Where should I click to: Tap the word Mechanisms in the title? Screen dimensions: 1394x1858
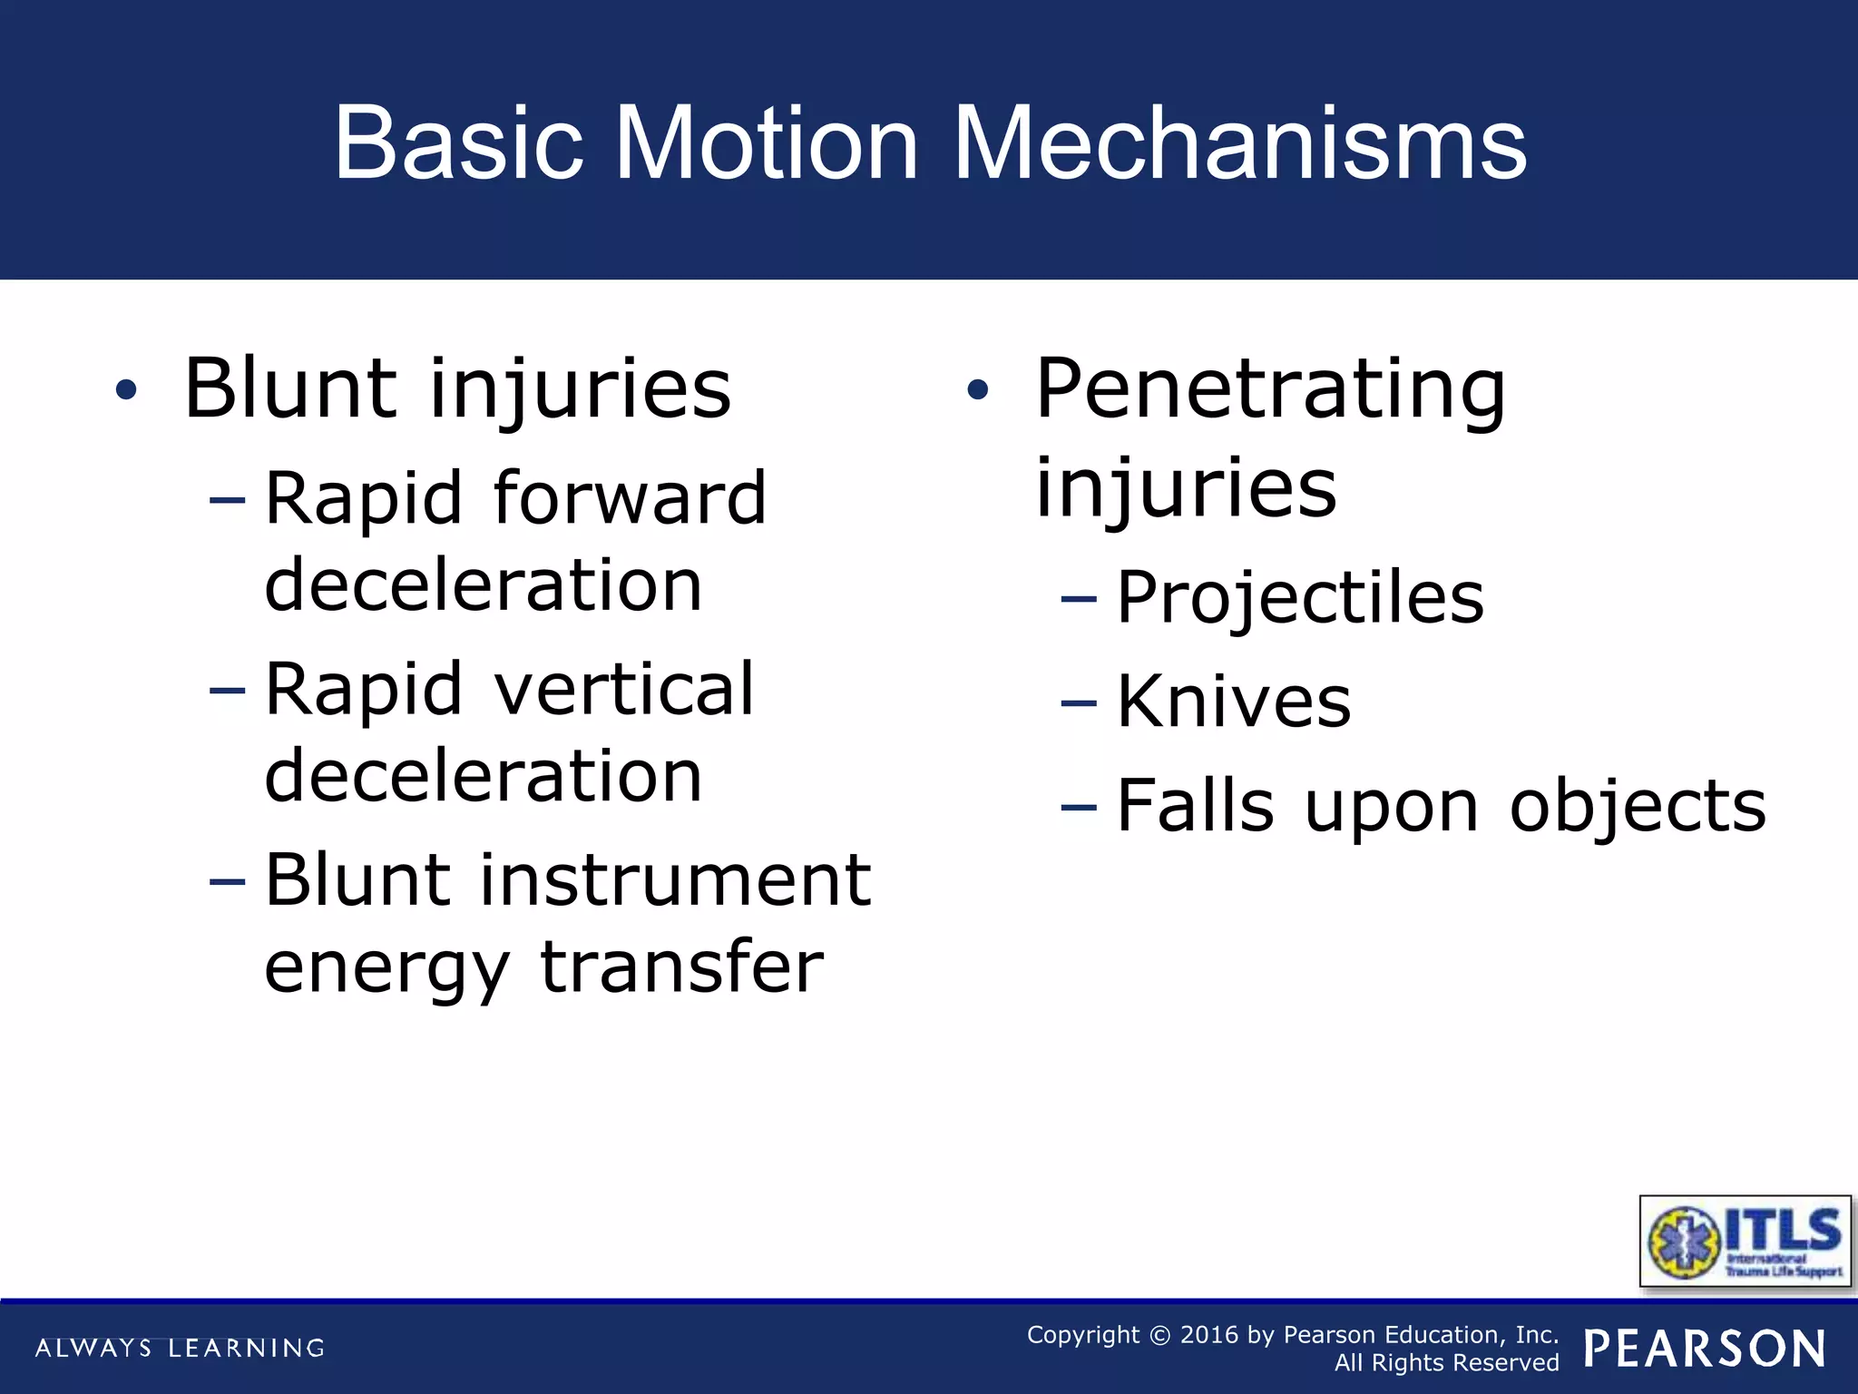(1240, 143)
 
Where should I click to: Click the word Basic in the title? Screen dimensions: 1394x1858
(458, 143)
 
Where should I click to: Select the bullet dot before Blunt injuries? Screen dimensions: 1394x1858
(126, 390)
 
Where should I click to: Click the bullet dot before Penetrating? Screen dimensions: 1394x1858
(977, 390)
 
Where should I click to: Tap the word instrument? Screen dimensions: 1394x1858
(675, 880)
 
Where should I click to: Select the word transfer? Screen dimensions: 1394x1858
(681, 967)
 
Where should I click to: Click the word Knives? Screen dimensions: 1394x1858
(1234, 702)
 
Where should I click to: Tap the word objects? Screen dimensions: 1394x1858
(1638, 806)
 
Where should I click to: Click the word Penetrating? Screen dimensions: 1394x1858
(1270, 390)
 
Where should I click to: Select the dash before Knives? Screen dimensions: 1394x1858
(1079, 703)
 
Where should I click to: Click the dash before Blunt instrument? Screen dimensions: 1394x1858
(227, 881)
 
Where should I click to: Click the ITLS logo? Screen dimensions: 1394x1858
(1745, 1242)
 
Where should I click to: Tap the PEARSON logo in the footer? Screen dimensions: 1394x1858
(1705, 1349)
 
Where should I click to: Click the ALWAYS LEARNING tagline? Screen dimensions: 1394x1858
(180, 1348)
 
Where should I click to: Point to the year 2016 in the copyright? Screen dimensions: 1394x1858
(1208, 1335)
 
